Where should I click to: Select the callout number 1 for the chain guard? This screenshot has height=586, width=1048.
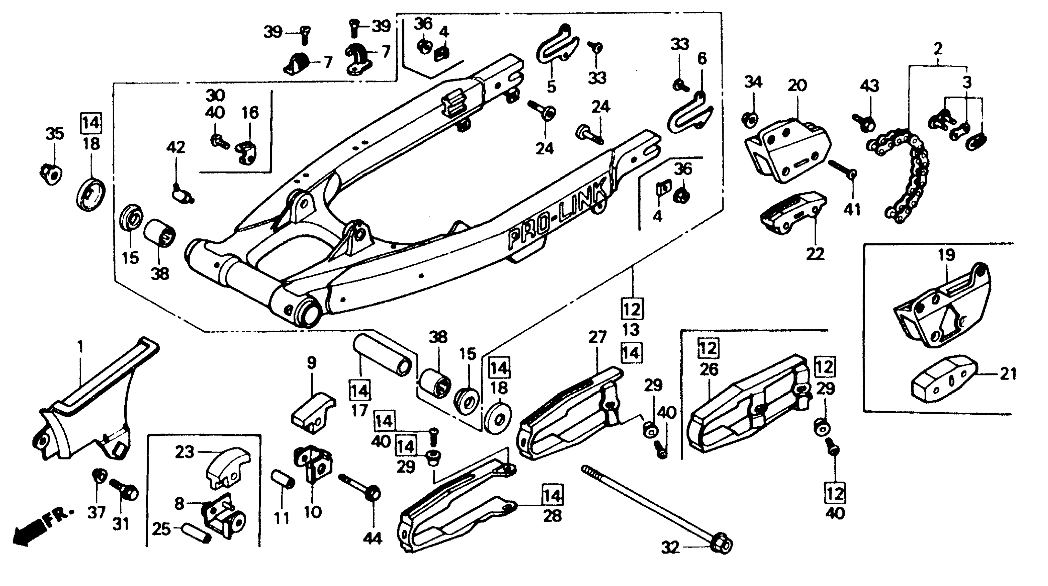point(81,347)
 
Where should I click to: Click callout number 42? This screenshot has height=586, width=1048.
point(176,147)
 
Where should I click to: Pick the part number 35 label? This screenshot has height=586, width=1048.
point(54,133)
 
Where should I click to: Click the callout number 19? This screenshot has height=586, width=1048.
point(946,255)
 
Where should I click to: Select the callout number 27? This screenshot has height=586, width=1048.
point(597,337)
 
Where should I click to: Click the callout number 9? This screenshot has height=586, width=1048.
point(311,362)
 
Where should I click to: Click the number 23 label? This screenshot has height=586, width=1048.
point(184,452)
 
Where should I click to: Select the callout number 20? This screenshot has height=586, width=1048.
point(797,86)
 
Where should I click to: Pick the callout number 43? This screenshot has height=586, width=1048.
point(869,86)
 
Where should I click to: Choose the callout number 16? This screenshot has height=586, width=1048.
point(250,113)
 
